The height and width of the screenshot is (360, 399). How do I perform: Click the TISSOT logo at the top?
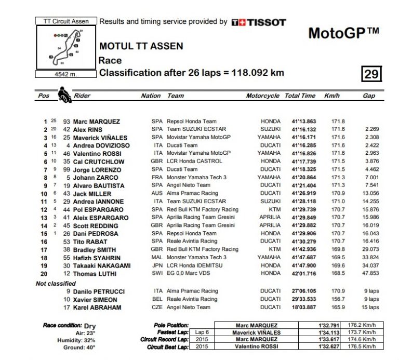coord(259,22)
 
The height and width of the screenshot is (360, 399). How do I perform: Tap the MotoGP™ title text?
coord(343,33)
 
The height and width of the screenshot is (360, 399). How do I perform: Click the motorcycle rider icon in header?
coord(64,95)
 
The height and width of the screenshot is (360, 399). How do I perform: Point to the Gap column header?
coord(369,96)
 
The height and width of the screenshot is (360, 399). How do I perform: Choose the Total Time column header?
coord(300,96)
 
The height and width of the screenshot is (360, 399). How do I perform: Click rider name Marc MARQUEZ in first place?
coord(96,122)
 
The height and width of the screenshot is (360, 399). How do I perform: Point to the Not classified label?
coord(55,283)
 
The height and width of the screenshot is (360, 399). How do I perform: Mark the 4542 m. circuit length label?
coord(65,74)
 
